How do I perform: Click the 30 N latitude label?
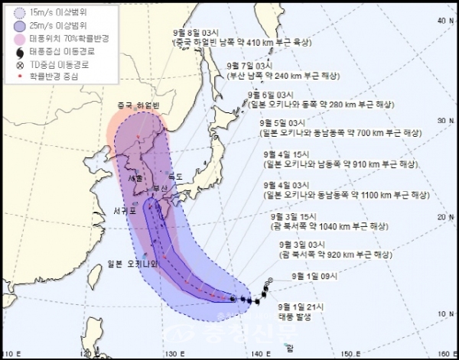[x=442, y=121]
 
